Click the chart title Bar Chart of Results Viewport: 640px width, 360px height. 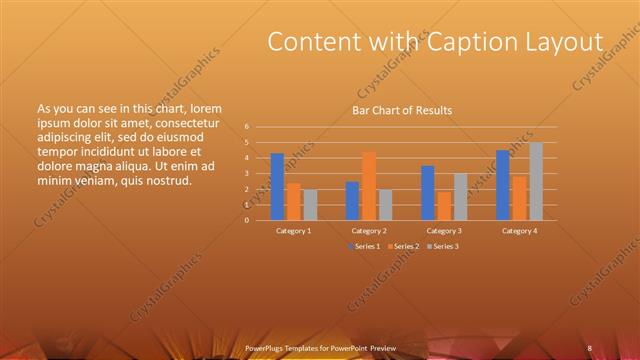[401, 110]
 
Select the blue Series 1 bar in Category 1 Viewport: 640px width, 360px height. [277, 187]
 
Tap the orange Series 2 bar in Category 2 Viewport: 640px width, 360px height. [369, 186]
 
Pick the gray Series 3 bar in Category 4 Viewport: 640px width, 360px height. [536, 181]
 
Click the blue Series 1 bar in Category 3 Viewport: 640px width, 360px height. [428, 193]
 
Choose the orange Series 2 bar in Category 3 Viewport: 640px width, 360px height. [444, 205]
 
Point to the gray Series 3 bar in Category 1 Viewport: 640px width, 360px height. [310, 204]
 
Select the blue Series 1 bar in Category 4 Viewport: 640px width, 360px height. [503, 185]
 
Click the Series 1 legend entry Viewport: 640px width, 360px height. [363, 246]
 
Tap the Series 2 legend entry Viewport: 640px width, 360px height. [402, 246]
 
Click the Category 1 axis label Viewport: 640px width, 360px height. [294, 230]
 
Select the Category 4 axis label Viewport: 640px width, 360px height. [519, 230]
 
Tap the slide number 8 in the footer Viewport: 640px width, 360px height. [590, 347]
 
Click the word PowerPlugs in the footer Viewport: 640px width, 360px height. [265, 347]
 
